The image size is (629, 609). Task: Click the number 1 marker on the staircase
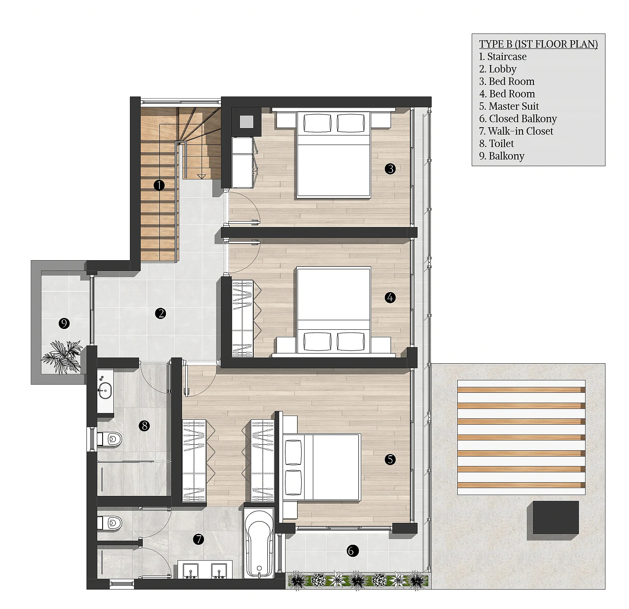[159, 185]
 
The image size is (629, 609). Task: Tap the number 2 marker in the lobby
[161, 313]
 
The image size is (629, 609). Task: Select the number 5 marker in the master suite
[390, 459]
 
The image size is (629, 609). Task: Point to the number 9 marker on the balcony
[64, 323]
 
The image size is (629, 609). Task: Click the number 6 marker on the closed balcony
[351, 551]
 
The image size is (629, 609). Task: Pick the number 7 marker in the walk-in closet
[199, 539]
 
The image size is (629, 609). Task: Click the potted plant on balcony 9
[62, 356]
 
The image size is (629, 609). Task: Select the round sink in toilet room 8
[105, 390]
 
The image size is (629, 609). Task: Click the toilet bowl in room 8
[110, 439]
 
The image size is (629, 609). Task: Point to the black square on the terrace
[555, 517]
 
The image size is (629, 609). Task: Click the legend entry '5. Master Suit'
[509, 106]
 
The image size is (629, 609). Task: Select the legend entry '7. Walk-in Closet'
[516, 131]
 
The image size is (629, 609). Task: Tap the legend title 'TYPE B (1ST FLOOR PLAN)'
[538, 44]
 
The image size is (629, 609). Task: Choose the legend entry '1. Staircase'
[503, 57]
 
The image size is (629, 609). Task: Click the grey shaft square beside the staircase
[247, 121]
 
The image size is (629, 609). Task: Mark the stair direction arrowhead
[202, 177]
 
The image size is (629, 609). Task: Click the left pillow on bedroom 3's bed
[317, 123]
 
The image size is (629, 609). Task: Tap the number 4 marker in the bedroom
[390, 297]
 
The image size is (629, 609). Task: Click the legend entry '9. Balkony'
[502, 156]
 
